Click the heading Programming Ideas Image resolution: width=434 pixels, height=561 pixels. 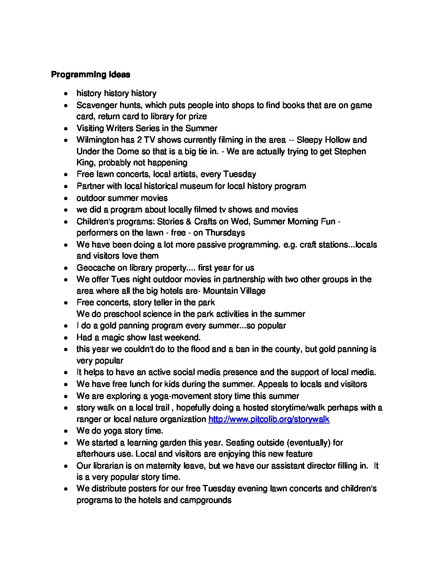91,75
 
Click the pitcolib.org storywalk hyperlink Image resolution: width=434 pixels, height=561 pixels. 269,419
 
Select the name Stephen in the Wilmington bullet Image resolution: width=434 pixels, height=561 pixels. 350,151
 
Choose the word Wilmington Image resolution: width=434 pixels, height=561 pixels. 99,140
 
